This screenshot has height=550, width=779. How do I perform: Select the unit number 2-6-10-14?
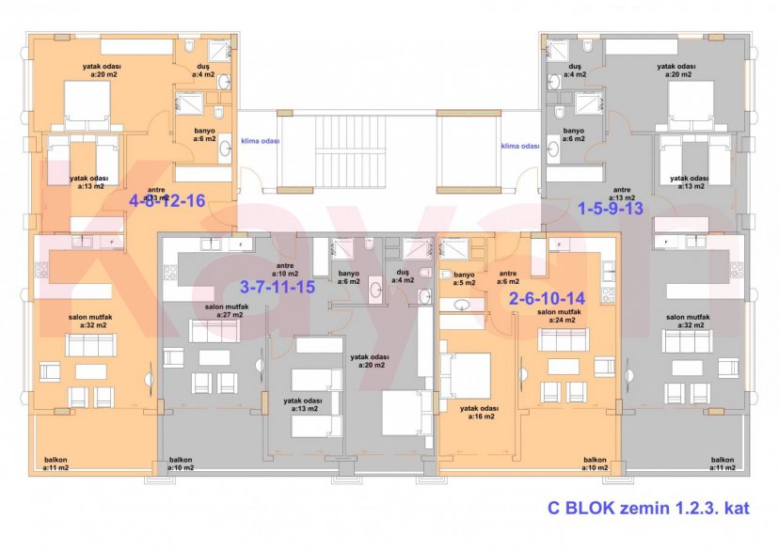(547, 298)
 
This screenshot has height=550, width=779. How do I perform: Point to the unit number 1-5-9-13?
(610, 208)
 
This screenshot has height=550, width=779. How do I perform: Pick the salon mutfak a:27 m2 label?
(226, 310)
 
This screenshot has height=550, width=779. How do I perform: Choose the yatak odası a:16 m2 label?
(479, 412)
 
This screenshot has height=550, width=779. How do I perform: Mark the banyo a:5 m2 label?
(463, 278)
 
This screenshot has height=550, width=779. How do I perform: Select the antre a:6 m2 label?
(509, 278)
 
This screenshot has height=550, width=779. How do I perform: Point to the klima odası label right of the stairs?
(520, 147)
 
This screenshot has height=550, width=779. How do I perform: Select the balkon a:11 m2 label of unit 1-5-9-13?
(723, 464)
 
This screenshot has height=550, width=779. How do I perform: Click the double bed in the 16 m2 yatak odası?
(468, 375)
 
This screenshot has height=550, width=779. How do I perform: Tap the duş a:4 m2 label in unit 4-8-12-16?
(202, 71)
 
